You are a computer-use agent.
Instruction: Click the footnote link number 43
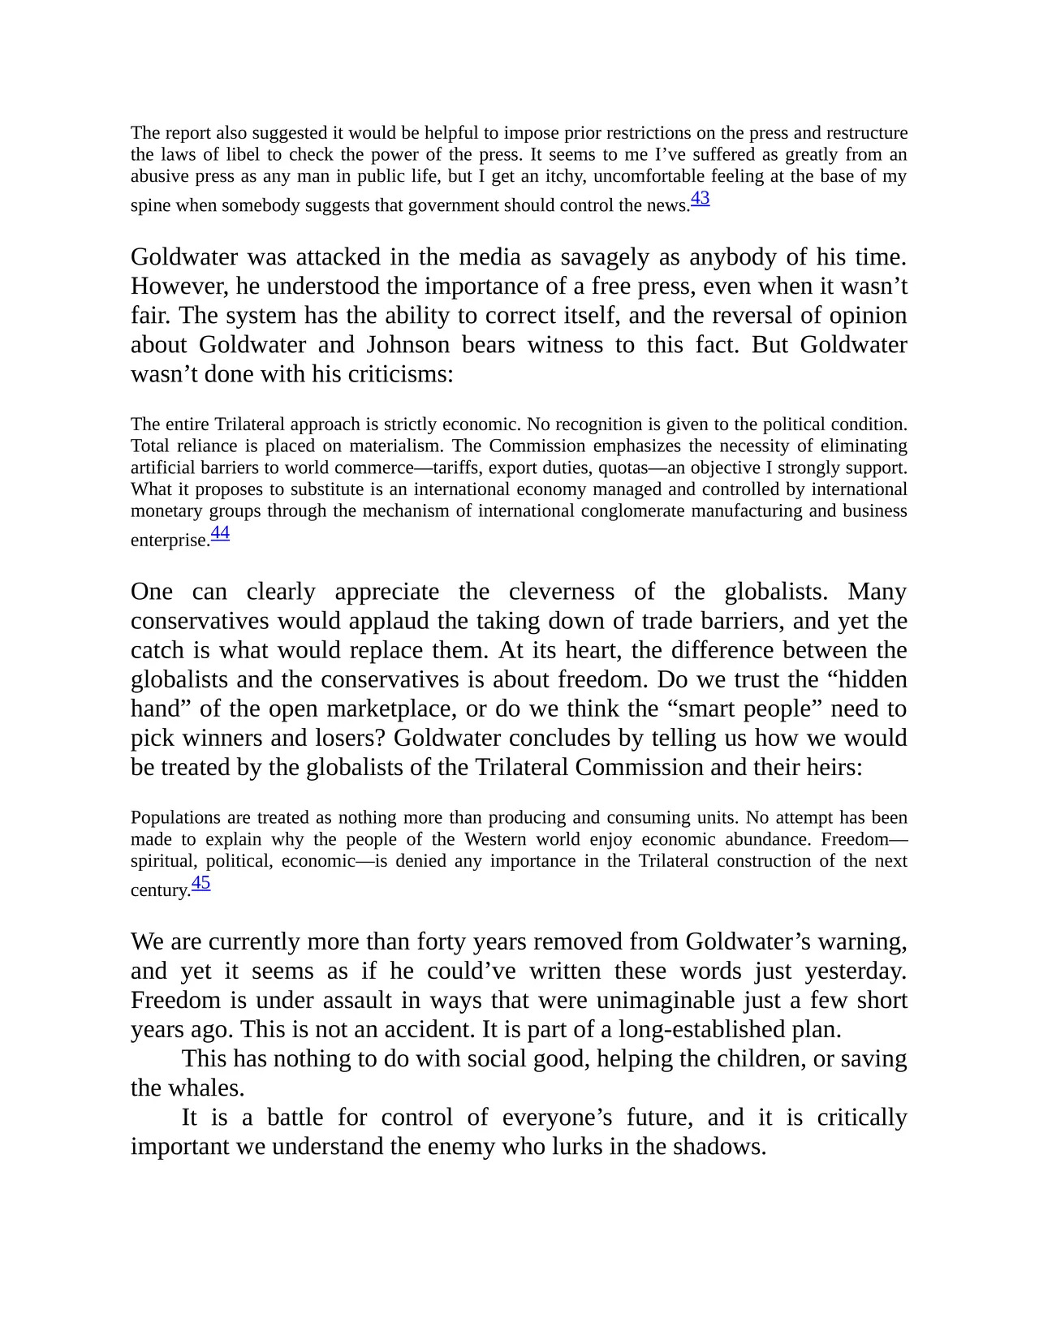tap(700, 198)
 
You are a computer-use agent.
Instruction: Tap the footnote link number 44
tap(220, 532)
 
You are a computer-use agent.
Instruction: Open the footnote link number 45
tap(200, 882)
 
